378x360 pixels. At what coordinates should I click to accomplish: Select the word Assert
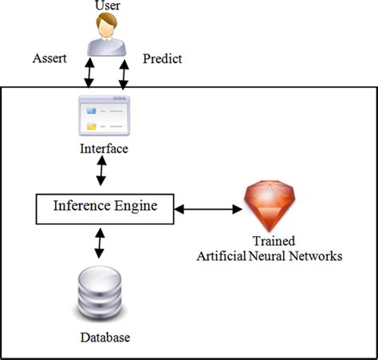click(49, 58)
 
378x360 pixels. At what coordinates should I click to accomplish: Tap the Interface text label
click(104, 148)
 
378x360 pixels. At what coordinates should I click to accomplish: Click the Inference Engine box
click(104, 208)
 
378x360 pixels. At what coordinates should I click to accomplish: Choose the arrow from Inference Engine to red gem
click(207, 210)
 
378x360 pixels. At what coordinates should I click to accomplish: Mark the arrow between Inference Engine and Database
click(100, 241)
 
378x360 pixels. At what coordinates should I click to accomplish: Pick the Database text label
click(104, 337)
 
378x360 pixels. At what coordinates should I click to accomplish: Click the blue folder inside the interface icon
click(92, 125)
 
